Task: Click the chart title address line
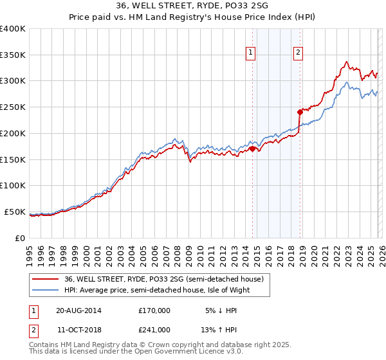tap(192, 6)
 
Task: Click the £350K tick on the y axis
tap(13, 55)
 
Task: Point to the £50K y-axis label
tap(15, 212)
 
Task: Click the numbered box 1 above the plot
tap(250, 53)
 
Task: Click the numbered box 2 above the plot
tap(299, 53)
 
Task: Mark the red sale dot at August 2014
tap(252, 148)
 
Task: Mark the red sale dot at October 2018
tap(300, 111)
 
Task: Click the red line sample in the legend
tap(46, 280)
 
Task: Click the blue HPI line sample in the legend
tap(46, 290)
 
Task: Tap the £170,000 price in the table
tap(154, 310)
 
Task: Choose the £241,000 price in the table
tap(154, 330)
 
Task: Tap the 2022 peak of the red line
tap(346, 62)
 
